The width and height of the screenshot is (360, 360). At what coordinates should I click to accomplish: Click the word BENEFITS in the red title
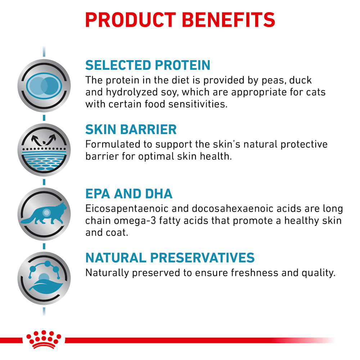pyautogui.click(x=229, y=20)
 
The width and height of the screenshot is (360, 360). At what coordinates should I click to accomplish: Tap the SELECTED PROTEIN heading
pyautogui.click(x=148, y=65)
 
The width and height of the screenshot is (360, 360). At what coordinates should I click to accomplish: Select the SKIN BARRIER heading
pyautogui.click(x=131, y=129)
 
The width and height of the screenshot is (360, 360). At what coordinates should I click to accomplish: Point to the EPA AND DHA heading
pyautogui.click(x=129, y=194)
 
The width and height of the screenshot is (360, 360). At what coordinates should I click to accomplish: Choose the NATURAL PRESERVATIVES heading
pyautogui.click(x=170, y=258)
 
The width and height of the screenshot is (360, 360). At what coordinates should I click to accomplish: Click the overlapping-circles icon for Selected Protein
pyautogui.click(x=44, y=86)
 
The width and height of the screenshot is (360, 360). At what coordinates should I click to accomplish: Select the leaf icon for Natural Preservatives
pyautogui.click(x=44, y=278)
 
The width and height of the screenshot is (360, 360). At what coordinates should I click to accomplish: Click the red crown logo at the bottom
pyautogui.click(x=44, y=339)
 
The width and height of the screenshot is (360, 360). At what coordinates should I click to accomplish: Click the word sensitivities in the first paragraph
pyautogui.click(x=198, y=104)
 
